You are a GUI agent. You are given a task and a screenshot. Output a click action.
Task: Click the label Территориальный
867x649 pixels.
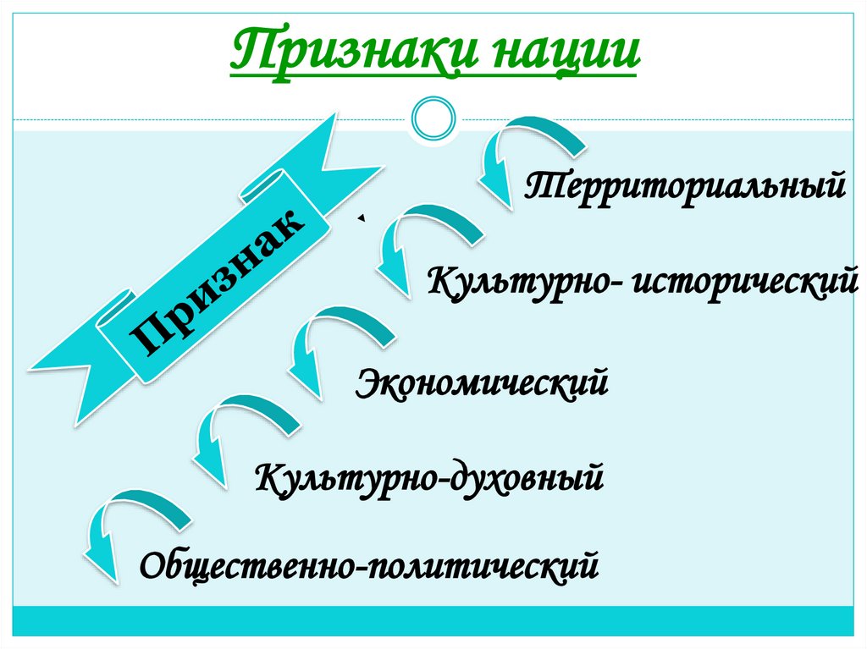[x=684, y=184]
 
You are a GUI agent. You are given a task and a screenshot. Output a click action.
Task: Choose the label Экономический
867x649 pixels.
[x=483, y=382]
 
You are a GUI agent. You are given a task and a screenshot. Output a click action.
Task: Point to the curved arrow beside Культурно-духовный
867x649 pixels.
[x=241, y=436]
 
